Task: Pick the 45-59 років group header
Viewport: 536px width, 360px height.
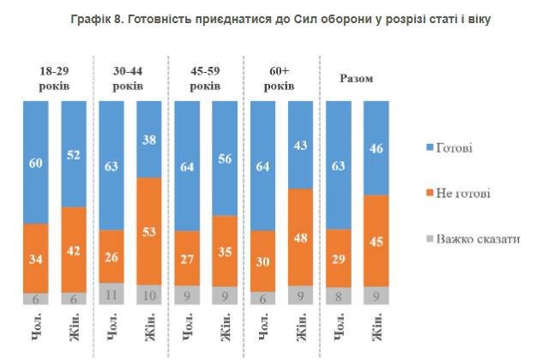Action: click(206, 79)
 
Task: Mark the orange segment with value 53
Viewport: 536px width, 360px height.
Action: click(148, 231)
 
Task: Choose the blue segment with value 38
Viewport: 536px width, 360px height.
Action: click(148, 139)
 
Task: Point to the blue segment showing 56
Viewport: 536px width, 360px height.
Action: click(224, 158)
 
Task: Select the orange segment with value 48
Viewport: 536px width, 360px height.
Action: click(300, 237)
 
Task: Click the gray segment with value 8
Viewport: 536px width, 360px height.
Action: click(339, 296)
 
